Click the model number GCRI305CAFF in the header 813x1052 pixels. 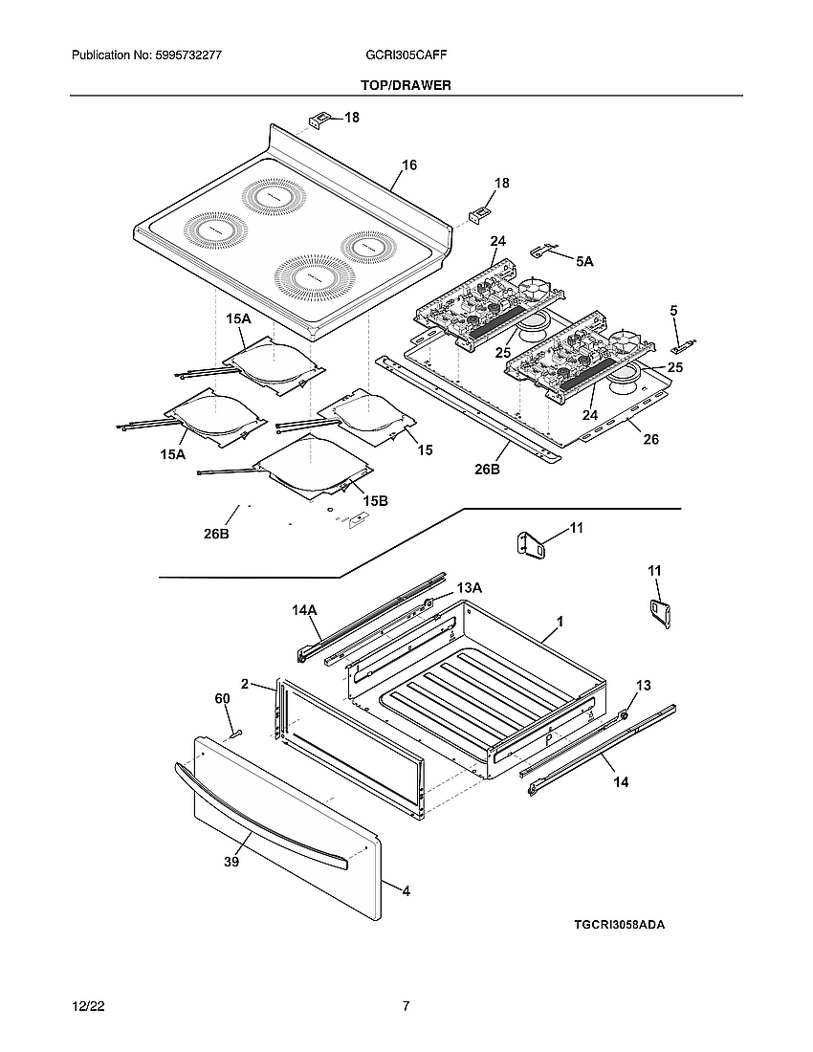click(406, 56)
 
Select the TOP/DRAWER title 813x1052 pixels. click(406, 85)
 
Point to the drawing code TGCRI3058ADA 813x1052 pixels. click(619, 925)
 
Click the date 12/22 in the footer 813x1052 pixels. click(87, 1007)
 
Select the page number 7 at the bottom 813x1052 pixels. click(406, 1006)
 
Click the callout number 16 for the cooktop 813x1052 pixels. click(409, 165)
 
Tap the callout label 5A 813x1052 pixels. click(584, 259)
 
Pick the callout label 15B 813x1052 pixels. click(375, 500)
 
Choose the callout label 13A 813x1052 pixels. click(469, 587)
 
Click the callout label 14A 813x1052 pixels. click(304, 609)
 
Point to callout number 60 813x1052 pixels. click(222, 700)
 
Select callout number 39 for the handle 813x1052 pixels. click(231, 862)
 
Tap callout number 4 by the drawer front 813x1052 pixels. click(406, 890)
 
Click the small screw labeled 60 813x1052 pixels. click(235, 734)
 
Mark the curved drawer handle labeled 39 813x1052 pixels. click(258, 814)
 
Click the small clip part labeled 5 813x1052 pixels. click(686, 341)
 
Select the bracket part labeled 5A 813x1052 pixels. click(543, 251)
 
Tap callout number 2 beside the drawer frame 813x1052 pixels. click(245, 684)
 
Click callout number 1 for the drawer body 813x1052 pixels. click(560, 622)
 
